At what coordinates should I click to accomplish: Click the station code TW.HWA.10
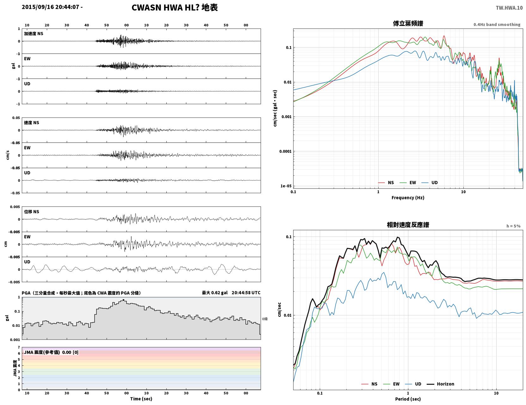click(509, 8)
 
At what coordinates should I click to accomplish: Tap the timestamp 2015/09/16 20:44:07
click(50, 7)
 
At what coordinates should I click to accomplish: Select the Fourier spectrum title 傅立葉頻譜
click(408, 23)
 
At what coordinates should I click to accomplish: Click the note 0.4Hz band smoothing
click(497, 24)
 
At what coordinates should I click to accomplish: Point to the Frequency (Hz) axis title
click(408, 198)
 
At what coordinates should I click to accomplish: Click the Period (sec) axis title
click(408, 399)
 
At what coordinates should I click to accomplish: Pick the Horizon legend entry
click(440, 384)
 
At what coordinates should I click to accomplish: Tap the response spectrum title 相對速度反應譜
click(408, 225)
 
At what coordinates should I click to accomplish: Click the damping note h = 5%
click(513, 226)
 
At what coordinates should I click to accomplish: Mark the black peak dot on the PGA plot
click(123, 300)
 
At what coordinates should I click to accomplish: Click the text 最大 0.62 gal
click(215, 293)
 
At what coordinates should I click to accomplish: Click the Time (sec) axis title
click(141, 399)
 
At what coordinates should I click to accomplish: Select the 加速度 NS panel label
click(34, 34)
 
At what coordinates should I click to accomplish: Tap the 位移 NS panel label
click(31, 212)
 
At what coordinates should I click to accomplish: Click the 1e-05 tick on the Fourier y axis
click(286, 186)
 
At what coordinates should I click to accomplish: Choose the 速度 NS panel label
click(31, 123)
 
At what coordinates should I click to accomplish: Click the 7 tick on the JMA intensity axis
click(19, 347)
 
